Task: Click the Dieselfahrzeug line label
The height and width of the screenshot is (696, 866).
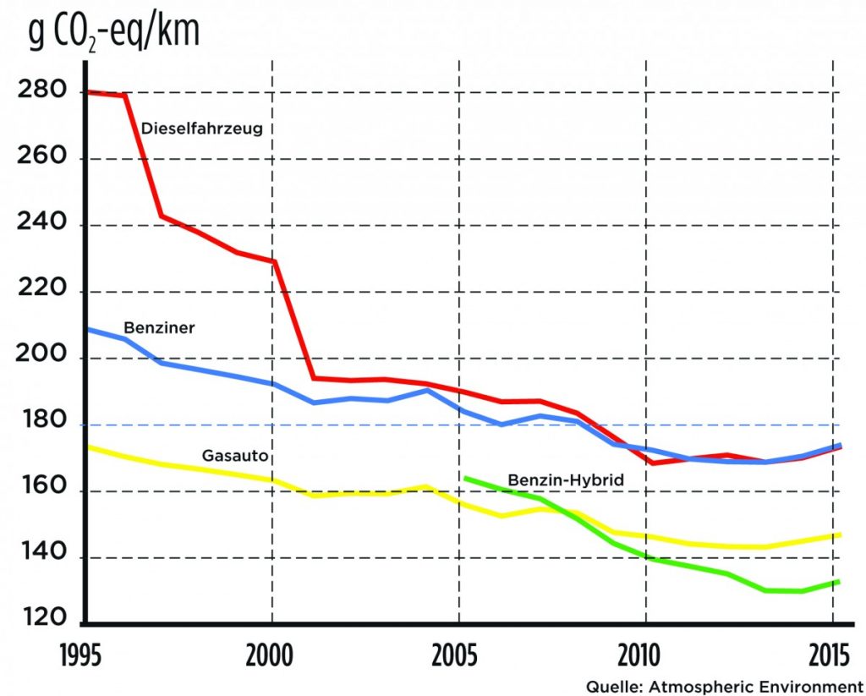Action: [203, 129]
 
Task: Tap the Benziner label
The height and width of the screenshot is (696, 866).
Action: [159, 327]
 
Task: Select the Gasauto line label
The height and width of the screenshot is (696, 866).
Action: [235, 456]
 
